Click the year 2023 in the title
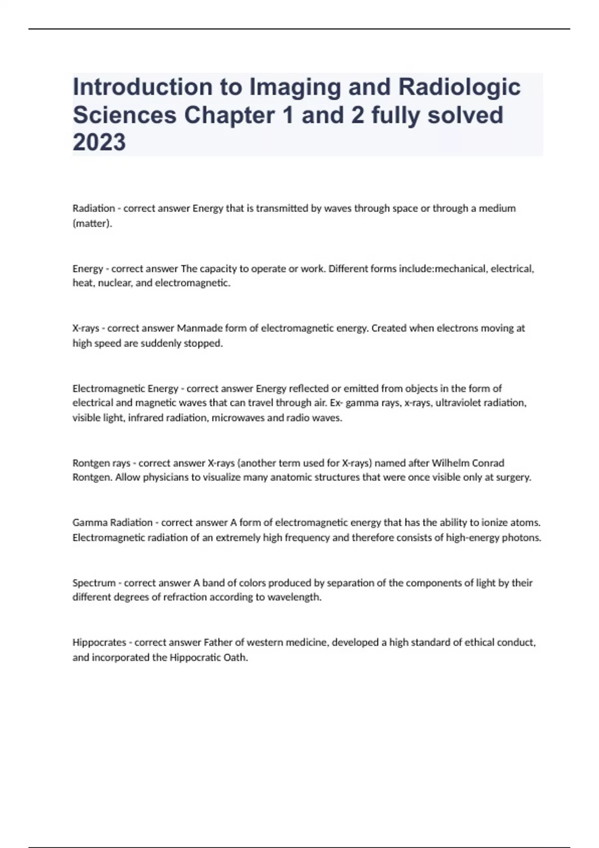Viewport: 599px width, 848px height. pos(99,142)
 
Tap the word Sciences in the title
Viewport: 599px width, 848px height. pos(125,115)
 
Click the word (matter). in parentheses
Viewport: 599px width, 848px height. pos(92,223)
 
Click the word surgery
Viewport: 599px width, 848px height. pos(514,477)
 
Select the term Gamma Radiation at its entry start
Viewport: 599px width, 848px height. pos(112,523)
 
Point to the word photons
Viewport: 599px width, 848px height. pos(525,538)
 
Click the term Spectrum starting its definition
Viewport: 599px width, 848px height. pos(94,583)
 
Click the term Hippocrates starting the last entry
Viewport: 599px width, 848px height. pos(99,642)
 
